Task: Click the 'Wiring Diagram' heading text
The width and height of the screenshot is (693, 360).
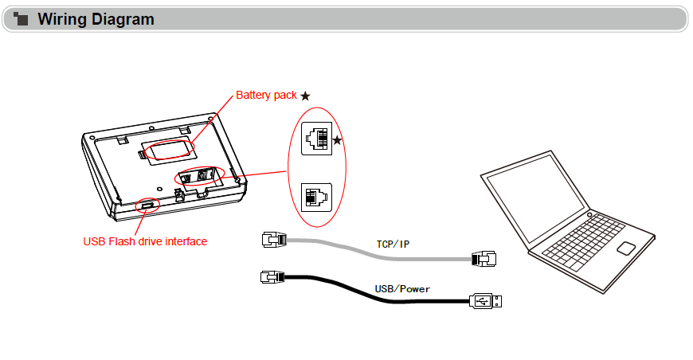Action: pyautogui.click(x=96, y=19)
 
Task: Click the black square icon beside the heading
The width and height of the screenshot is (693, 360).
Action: pyautogui.click(x=22, y=19)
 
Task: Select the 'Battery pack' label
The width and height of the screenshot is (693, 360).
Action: pyautogui.click(x=266, y=96)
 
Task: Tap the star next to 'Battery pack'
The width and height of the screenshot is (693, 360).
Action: pyautogui.click(x=305, y=96)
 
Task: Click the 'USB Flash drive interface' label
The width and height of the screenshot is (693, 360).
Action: pyautogui.click(x=145, y=241)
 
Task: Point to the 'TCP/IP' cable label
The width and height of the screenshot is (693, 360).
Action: pyautogui.click(x=393, y=244)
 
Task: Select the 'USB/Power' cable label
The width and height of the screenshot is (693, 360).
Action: pyautogui.click(x=402, y=288)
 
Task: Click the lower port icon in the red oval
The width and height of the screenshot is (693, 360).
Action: pyautogui.click(x=315, y=196)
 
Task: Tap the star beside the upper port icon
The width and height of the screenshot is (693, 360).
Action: pyautogui.click(x=338, y=140)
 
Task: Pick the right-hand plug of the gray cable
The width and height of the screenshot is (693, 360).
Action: pyautogui.click(x=484, y=258)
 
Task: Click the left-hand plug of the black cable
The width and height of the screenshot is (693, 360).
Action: pyautogui.click(x=272, y=276)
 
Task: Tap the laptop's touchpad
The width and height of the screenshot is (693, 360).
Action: pyautogui.click(x=627, y=247)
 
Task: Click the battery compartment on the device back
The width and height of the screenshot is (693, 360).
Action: pyautogui.click(x=167, y=149)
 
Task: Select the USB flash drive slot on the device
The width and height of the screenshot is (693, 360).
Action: pyautogui.click(x=148, y=205)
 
